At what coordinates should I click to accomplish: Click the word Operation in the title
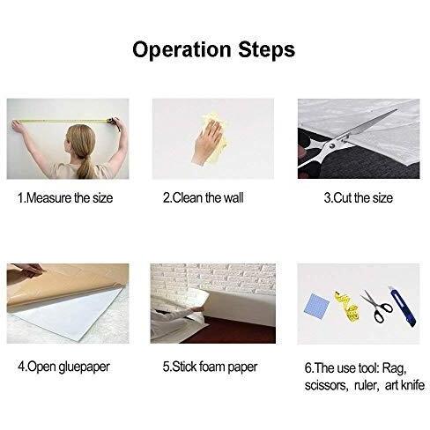click(x=182, y=50)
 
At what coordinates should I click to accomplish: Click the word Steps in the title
click(x=266, y=48)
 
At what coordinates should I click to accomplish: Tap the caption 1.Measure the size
click(x=65, y=198)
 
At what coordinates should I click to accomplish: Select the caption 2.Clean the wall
click(x=204, y=198)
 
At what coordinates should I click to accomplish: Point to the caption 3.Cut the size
click(x=359, y=198)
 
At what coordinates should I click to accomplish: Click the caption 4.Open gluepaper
click(x=63, y=367)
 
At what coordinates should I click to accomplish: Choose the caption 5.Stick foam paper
click(x=210, y=367)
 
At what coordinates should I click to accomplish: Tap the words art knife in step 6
click(x=404, y=385)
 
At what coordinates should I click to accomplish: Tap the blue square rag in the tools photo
click(x=316, y=304)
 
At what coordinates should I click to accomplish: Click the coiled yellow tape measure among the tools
click(x=347, y=307)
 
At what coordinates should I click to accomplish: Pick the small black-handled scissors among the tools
click(x=376, y=307)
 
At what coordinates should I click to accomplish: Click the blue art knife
click(x=402, y=307)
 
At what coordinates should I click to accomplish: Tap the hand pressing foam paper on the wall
click(x=196, y=308)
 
